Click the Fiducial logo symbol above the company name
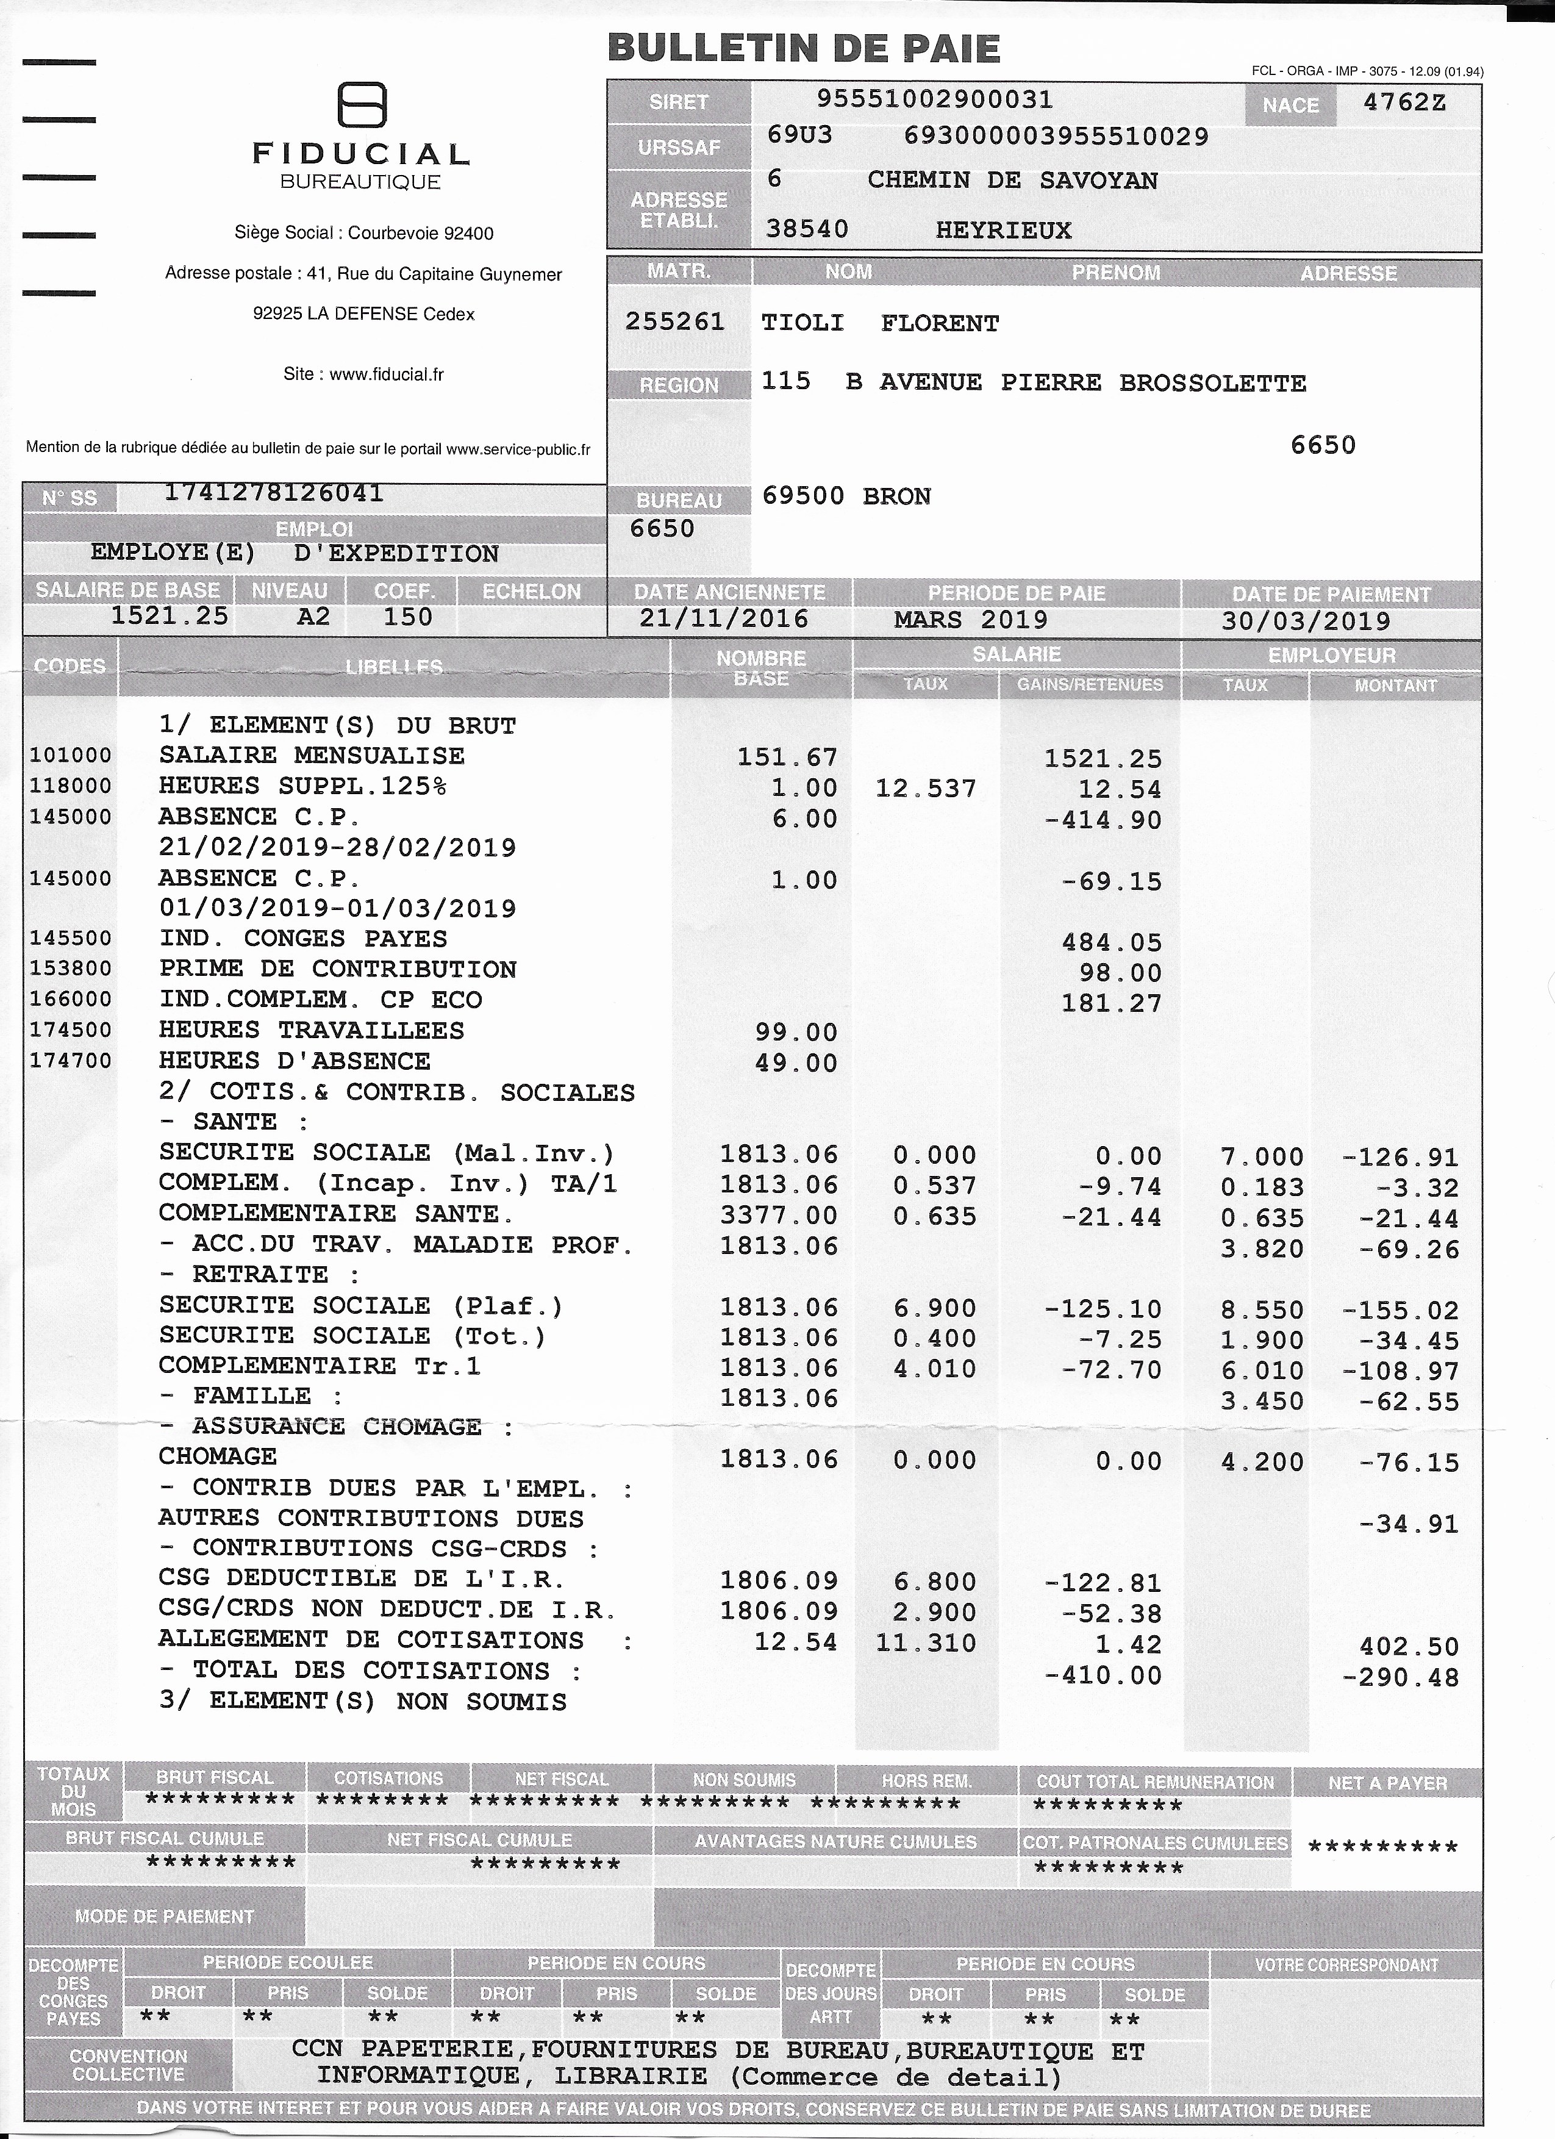[x=362, y=105]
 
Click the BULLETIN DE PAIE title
[x=804, y=48]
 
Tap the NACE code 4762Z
[x=1404, y=103]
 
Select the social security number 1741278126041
[x=273, y=493]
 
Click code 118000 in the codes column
[x=71, y=786]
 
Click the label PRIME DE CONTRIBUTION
[x=338, y=970]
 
